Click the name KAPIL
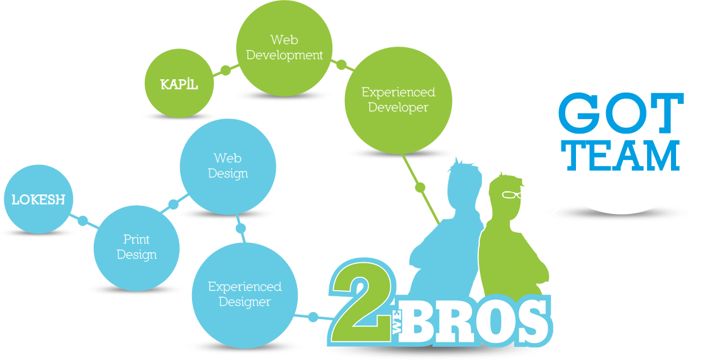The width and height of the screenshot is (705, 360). (x=179, y=84)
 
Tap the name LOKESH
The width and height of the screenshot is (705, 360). (x=38, y=200)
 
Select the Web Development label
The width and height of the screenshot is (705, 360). (x=285, y=48)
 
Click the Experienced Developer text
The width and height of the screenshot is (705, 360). (x=398, y=100)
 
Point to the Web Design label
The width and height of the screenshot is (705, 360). (x=228, y=166)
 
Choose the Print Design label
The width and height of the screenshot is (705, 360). (x=137, y=247)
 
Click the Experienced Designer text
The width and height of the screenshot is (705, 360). (x=245, y=294)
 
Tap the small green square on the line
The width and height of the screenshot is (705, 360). (x=420, y=187)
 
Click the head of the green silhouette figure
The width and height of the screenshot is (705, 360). (x=510, y=195)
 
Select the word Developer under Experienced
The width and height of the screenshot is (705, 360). (x=398, y=108)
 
